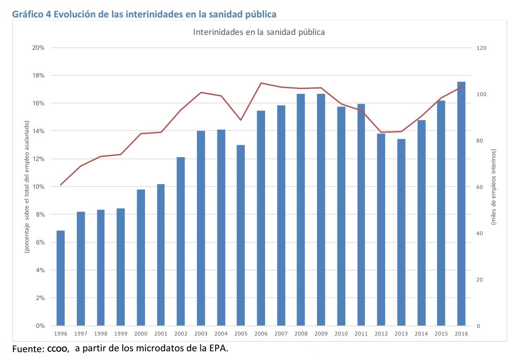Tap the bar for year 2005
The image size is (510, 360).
click(x=241, y=235)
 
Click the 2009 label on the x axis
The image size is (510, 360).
click(x=321, y=334)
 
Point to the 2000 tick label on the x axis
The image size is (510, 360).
click(x=141, y=334)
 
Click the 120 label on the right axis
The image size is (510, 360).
click(x=482, y=48)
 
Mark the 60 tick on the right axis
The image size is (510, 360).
click(x=480, y=187)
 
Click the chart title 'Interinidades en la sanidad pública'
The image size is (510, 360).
click(x=259, y=32)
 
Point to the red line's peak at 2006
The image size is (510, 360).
click(x=261, y=83)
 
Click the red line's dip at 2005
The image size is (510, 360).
click(x=241, y=120)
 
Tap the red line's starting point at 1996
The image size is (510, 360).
click(x=61, y=185)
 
